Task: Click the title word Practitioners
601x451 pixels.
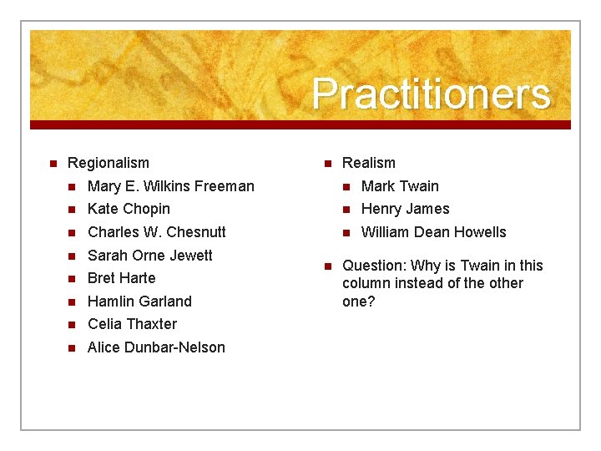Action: tap(432, 94)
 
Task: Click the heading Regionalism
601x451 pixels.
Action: tap(108, 163)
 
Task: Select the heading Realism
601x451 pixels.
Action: tap(368, 163)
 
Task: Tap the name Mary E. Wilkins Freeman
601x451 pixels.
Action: tap(170, 186)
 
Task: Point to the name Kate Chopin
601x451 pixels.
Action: tap(129, 209)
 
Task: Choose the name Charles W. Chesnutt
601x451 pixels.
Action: tap(156, 232)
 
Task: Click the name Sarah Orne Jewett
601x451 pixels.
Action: tap(149, 256)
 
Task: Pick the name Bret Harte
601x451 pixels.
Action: tap(121, 278)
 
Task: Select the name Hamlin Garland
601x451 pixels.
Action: tap(139, 302)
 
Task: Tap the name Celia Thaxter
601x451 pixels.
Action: tap(132, 324)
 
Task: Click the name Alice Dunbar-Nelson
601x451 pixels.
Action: tap(156, 347)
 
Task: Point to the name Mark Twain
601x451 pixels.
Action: tap(399, 186)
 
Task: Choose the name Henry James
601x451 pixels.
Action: tap(405, 209)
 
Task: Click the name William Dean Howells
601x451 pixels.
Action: tap(433, 232)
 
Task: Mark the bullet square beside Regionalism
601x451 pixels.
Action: tap(52, 164)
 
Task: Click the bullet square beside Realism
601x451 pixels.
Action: tap(326, 164)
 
